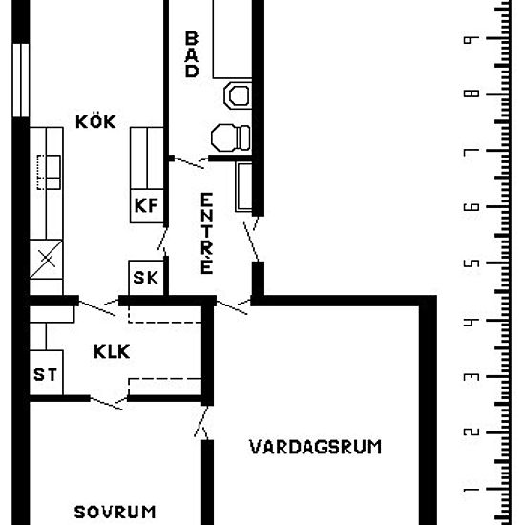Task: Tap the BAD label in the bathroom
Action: [x=192, y=54]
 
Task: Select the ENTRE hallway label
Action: [x=206, y=233]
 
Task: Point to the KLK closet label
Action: [x=112, y=350]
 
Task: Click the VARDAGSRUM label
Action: [x=316, y=446]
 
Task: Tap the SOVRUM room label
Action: [x=115, y=512]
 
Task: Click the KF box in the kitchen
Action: [x=145, y=205]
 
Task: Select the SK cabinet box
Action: [x=145, y=278]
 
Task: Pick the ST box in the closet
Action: [x=45, y=374]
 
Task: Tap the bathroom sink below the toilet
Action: [x=231, y=136]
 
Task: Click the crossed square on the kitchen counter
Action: [x=46, y=259]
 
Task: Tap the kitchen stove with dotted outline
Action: [x=49, y=171]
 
